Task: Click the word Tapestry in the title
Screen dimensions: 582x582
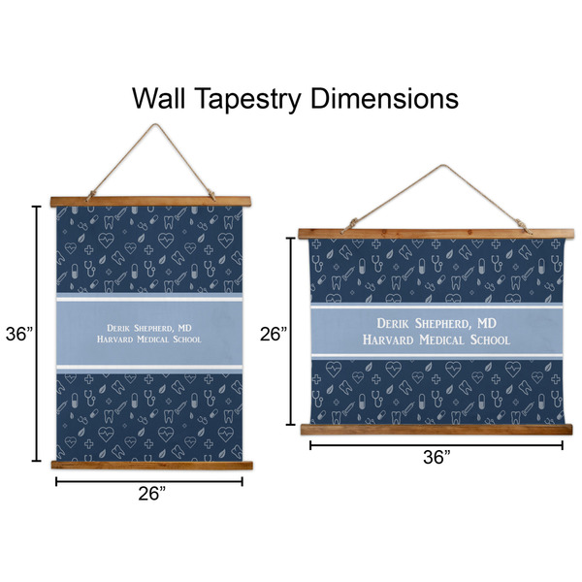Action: tap(247, 99)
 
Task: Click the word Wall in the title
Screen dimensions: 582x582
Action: tap(159, 98)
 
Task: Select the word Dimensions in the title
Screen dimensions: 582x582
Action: tap(384, 98)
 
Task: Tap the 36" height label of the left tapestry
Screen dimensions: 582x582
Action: tap(19, 334)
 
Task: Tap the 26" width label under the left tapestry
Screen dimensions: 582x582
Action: tap(152, 494)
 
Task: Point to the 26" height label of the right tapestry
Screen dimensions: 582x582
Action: tap(274, 334)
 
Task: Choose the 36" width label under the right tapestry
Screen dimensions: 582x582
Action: tap(436, 457)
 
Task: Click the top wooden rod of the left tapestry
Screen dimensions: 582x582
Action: tap(150, 202)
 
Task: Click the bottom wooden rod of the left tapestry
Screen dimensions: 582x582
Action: tap(152, 465)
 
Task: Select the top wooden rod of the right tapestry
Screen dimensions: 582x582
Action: tap(436, 234)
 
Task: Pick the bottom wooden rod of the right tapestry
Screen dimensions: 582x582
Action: tap(436, 430)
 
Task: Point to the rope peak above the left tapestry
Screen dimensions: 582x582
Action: tap(155, 125)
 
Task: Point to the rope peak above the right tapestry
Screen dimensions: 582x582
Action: tap(441, 166)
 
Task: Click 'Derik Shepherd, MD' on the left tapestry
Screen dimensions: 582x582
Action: tap(149, 328)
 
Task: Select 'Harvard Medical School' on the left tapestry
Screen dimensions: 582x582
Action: tap(149, 339)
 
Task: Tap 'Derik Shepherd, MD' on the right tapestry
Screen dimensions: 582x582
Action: tap(436, 323)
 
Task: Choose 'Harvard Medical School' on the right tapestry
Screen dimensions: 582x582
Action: tap(436, 340)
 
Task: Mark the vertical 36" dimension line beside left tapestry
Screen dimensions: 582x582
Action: tap(37, 334)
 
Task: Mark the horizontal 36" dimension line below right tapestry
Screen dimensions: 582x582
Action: tap(436, 445)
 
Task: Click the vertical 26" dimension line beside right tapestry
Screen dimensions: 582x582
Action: tap(291, 331)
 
